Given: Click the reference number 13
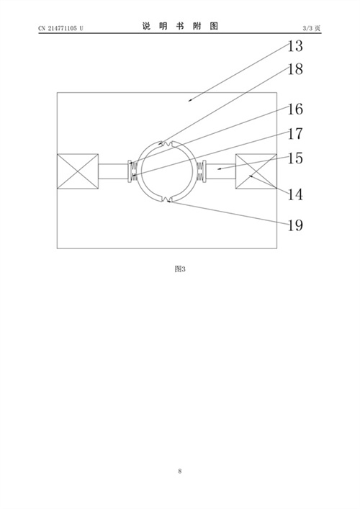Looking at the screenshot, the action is click(295, 46).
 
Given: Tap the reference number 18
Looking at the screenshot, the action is click(295, 69).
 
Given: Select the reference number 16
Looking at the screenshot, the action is click(295, 109).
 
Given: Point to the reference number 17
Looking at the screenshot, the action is click(295, 133).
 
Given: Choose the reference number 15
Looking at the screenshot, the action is click(295, 158).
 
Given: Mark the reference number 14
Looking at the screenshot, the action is click(295, 194).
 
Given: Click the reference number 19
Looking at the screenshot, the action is click(295, 225).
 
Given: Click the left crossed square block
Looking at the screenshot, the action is click(78, 171).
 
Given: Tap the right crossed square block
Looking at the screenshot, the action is click(256, 171).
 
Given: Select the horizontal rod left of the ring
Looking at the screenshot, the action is click(113, 171).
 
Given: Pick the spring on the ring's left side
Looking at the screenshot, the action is click(133, 171).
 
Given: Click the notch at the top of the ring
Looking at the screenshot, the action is click(167, 143).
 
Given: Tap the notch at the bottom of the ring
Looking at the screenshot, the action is click(167, 199).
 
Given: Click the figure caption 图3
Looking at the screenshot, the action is click(180, 269).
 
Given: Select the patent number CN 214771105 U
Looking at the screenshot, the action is click(60, 28).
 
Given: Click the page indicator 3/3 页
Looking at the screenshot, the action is click(312, 28).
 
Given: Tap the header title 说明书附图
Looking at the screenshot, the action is click(180, 26).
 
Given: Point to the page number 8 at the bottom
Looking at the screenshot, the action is click(180, 471).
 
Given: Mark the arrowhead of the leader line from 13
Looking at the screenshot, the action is click(189, 101).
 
